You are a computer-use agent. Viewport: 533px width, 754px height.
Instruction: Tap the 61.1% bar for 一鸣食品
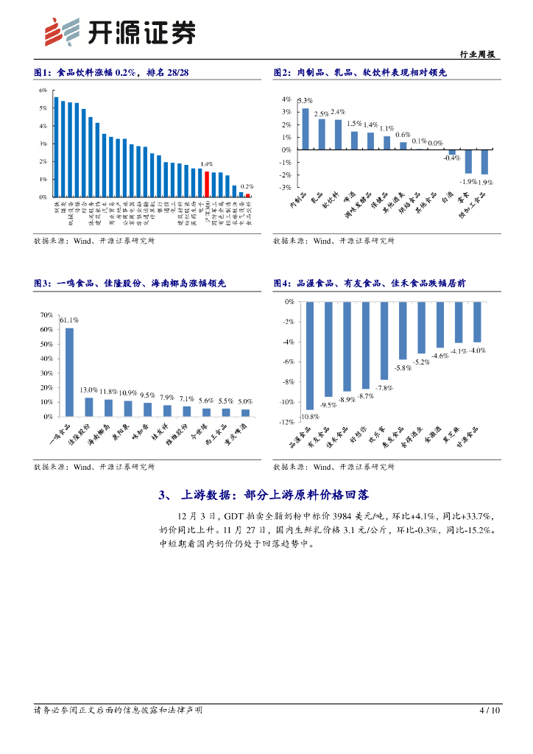point(69,372)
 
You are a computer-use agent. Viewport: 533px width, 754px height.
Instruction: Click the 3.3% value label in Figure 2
point(306,100)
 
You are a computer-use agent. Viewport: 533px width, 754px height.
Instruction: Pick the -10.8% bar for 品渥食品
point(310,355)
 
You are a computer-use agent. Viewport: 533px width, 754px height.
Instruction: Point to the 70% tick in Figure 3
point(46,315)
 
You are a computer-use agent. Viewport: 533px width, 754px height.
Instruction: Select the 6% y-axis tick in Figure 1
point(43,91)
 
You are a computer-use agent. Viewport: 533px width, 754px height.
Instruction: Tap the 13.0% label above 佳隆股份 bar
point(88,390)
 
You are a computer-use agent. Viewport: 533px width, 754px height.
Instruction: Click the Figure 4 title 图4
point(283,283)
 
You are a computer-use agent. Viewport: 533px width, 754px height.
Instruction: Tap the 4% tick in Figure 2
point(286,99)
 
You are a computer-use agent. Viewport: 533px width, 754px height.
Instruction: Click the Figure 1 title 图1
point(43,73)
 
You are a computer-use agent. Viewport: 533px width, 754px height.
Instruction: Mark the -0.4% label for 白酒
point(451,158)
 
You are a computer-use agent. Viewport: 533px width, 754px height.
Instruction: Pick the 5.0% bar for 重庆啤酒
point(245,412)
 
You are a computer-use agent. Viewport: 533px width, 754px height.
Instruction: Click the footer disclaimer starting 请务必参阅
point(119,711)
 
